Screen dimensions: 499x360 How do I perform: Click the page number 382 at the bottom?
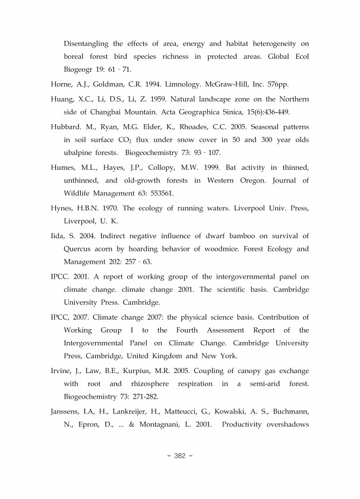point(180,456)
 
